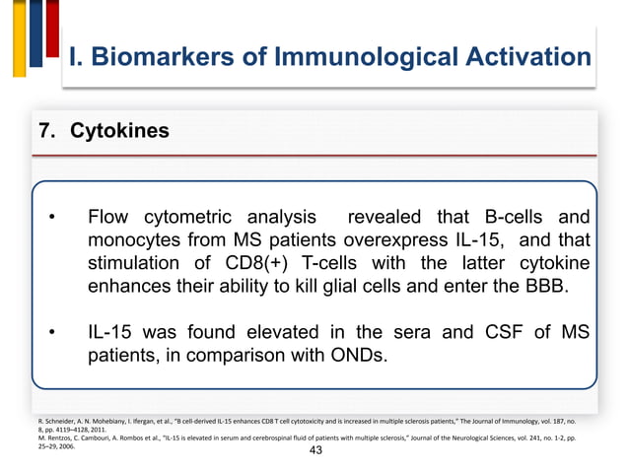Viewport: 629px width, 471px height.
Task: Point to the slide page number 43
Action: point(315,450)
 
